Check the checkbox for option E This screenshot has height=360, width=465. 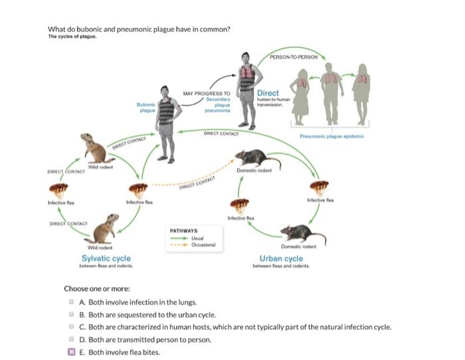pos(72,351)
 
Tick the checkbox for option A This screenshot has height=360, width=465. pos(71,302)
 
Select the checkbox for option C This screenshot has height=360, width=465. pos(71,327)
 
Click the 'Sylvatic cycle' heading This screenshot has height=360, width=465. pos(106,258)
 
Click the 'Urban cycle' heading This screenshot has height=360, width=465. pos(281,258)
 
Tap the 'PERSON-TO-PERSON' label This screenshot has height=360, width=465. pos(294,57)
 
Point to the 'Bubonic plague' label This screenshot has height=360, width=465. pos(146,108)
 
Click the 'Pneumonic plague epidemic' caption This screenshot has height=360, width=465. pos(332,136)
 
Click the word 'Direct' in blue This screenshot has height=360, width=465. pos(268,93)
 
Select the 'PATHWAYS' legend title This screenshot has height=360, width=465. pos(183,230)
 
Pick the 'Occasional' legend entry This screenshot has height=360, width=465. pos(203,244)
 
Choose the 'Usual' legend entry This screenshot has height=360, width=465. pos(197,238)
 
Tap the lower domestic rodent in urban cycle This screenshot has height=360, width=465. pos(303,233)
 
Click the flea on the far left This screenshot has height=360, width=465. pos(58,191)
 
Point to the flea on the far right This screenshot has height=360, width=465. pos(319,188)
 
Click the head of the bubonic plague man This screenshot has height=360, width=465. pos(165,91)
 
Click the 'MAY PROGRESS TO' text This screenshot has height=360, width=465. pos(207,94)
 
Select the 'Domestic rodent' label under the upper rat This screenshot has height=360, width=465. pos(254,170)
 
